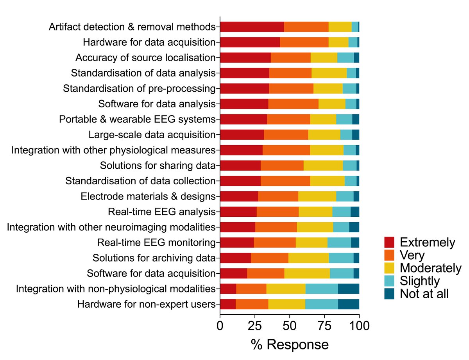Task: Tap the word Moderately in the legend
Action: coord(430,268)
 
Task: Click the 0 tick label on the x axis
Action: coord(220,326)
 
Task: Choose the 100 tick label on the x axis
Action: coord(359,326)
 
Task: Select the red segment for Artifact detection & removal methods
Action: coord(252,27)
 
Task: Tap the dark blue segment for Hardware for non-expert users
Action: coord(348,304)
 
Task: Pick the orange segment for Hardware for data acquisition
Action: coord(304,42)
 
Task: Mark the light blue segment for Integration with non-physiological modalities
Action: coord(321,289)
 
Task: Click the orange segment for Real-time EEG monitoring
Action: coord(274,242)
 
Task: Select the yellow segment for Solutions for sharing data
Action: coord(323,166)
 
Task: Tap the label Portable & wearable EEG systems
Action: coord(137,119)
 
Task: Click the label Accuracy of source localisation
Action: coord(145,58)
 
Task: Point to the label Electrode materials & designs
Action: coord(148,196)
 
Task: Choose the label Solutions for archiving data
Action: coord(154,258)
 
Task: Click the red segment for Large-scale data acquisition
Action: coord(242,135)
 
